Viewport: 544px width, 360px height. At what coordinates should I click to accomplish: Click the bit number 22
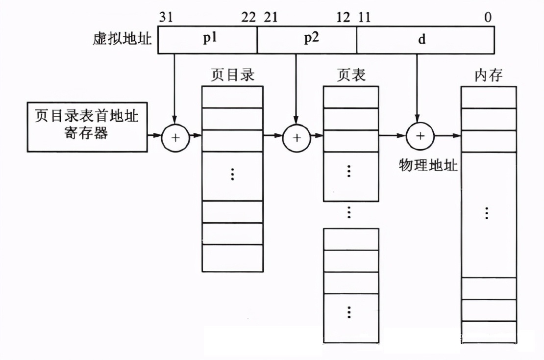pos(248,18)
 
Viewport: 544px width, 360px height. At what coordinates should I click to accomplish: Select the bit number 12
pos(344,18)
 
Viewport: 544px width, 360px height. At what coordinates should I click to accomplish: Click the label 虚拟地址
pos(122,39)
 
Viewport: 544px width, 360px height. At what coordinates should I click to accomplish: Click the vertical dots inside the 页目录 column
pos(232,174)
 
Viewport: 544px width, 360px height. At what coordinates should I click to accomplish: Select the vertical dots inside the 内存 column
pos(487,213)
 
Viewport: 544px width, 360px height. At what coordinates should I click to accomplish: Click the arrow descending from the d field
pos(417,88)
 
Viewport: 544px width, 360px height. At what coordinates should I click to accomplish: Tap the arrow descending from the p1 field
pos(175,88)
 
